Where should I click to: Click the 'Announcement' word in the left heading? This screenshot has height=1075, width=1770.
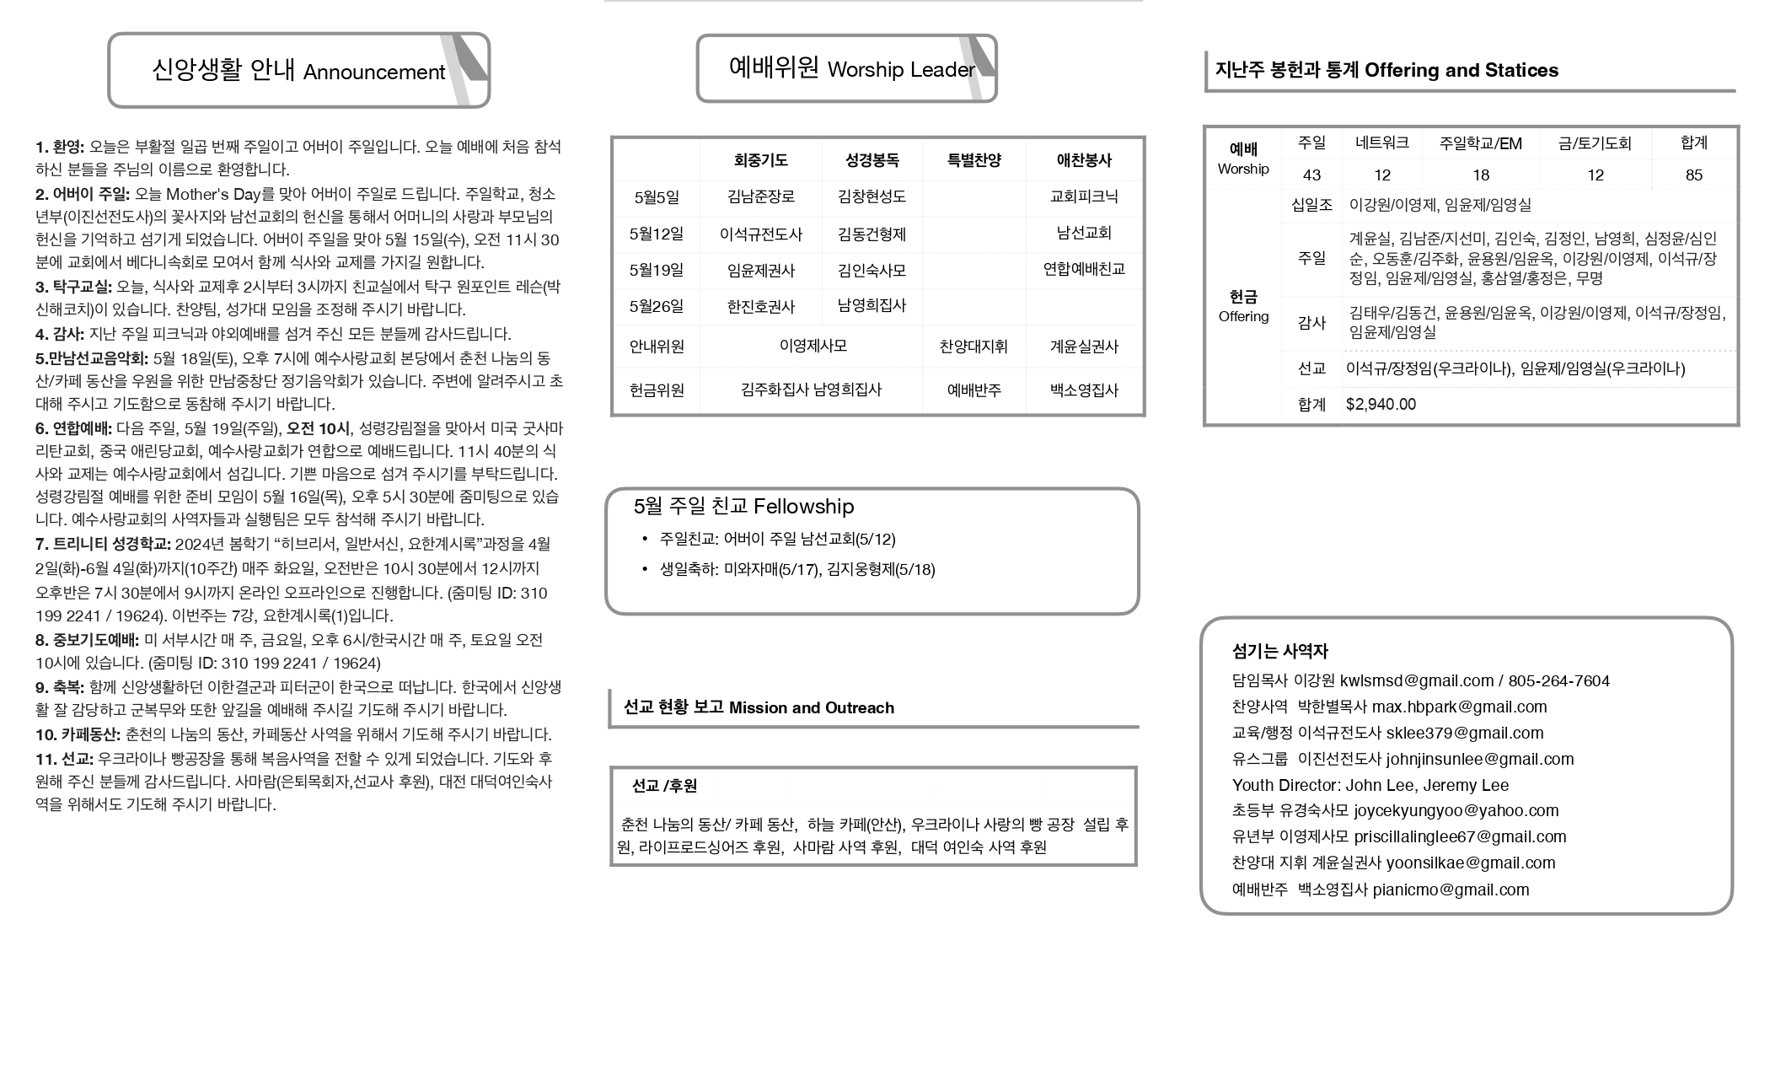click(373, 73)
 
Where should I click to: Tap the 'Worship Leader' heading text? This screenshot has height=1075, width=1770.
click(900, 70)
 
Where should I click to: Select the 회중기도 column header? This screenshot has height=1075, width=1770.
click(760, 160)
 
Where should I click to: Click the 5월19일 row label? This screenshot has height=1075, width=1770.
click(656, 271)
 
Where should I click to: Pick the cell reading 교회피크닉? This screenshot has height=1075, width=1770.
click(1084, 196)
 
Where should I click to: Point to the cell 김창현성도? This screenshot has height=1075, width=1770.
click(872, 196)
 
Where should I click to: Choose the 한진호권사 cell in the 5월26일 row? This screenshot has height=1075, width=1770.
click(760, 307)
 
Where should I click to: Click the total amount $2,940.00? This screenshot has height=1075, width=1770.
click(1381, 405)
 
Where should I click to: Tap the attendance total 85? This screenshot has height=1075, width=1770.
click(1693, 175)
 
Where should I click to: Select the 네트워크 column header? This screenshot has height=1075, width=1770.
click(1381, 143)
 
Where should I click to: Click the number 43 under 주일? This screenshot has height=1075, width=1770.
click(1311, 175)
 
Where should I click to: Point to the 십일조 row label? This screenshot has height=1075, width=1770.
click(1311, 205)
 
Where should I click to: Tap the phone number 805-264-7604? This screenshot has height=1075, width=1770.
click(1558, 681)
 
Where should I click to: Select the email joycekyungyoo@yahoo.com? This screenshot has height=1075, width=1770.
click(1456, 811)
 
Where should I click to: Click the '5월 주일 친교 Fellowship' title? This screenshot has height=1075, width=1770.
click(743, 507)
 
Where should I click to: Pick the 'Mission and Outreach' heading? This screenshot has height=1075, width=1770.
click(811, 708)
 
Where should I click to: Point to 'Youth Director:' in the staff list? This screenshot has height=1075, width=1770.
click(1285, 786)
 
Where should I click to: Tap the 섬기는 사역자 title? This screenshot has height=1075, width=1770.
click(1279, 652)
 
